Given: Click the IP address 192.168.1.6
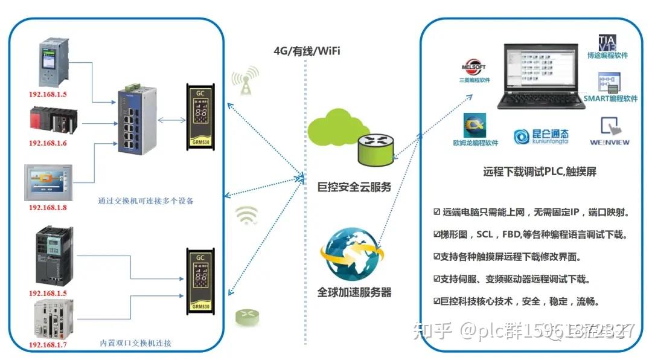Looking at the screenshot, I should click(48, 143).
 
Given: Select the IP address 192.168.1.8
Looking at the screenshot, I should click(48, 207).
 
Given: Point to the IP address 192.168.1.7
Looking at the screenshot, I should click(48, 344).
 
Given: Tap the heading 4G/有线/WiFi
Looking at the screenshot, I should click(307, 51).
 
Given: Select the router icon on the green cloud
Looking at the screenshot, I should click(375, 150).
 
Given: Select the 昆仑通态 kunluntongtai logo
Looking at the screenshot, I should click(541, 137).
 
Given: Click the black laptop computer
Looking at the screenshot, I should click(540, 76).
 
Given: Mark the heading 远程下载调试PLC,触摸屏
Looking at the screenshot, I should click(540, 172).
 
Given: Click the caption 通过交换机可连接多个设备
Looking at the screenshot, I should click(145, 201).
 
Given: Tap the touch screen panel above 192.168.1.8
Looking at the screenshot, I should click(48, 182).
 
